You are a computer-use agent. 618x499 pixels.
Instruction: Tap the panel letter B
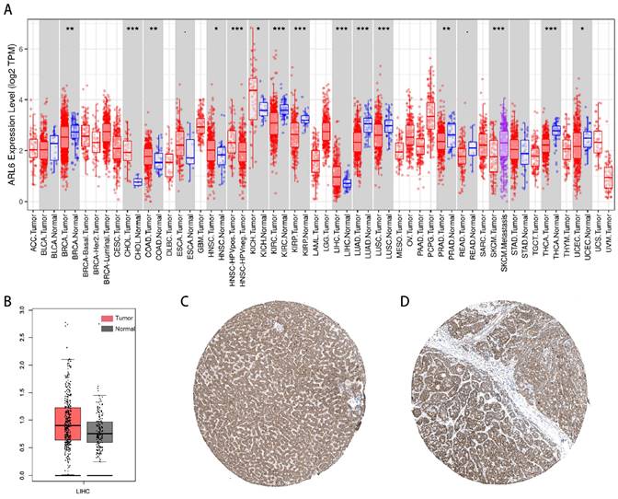(7, 299)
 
